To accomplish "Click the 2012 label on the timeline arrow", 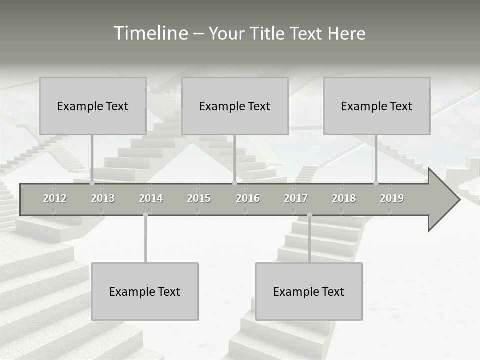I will [x=55, y=198].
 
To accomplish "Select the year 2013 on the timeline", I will [x=103, y=198].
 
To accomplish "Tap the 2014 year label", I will [x=151, y=198].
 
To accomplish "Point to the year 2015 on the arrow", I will [x=199, y=198].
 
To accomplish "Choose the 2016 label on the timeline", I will [x=248, y=198].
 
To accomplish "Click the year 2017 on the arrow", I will [x=296, y=198].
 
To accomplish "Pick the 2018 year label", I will [x=344, y=198].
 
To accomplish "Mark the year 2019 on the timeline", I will [x=392, y=198].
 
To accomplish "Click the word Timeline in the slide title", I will [x=150, y=33].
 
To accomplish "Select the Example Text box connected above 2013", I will [x=93, y=106].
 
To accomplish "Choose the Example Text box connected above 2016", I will [x=235, y=106].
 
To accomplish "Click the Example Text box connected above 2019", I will [x=377, y=106].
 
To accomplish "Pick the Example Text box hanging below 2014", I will [x=145, y=291].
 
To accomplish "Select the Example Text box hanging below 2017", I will [x=309, y=291].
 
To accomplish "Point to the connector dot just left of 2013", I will [x=92, y=183].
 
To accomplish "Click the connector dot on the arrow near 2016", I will [x=234, y=183].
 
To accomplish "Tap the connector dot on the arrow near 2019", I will [x=376, y=183].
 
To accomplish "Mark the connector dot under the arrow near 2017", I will [x=309, y=215].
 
